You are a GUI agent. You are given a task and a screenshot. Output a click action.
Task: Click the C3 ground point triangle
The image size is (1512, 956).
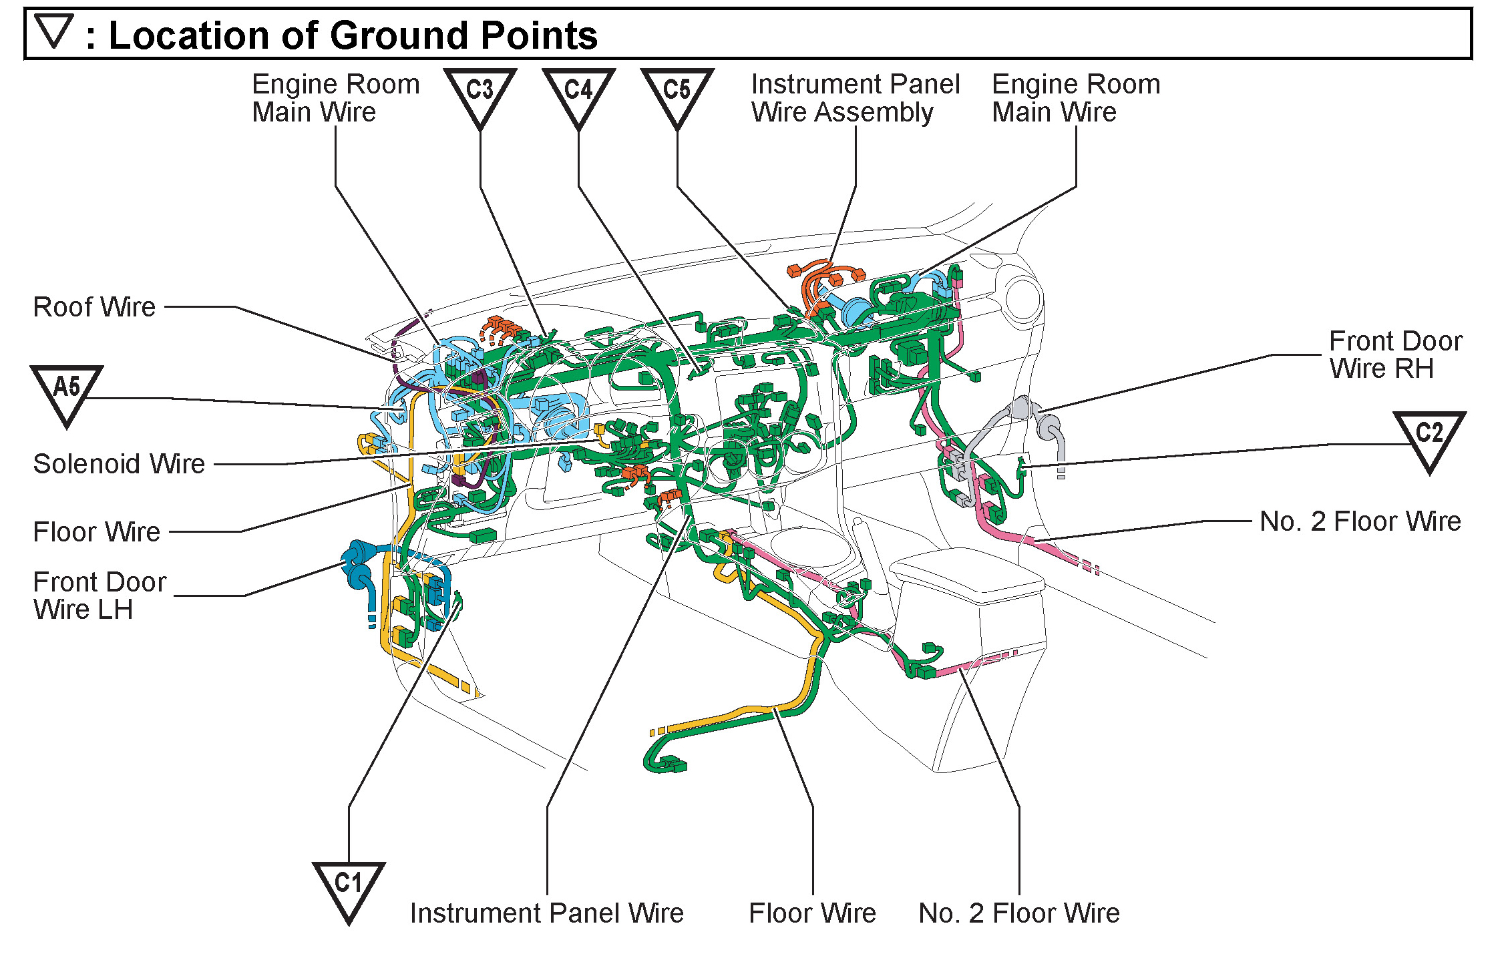pos(480,93)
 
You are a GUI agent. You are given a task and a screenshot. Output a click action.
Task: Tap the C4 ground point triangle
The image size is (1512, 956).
pos(578,93)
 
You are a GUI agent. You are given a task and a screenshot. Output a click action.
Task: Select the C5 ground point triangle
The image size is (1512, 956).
pos(677,93)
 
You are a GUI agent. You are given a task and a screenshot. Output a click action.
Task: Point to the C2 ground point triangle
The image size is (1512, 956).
pos(1429,437)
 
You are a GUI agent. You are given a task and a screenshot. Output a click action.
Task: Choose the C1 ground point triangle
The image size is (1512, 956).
pos(348,888)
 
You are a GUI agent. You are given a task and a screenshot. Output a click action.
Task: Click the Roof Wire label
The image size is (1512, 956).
pos(94,307)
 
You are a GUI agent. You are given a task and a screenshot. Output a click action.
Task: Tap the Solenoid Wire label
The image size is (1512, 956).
pos(119,464)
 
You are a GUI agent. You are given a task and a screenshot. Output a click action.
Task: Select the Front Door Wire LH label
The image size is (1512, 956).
pos(99,595)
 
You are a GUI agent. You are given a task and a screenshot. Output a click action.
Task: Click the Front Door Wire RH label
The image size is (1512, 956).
pos(1395,354)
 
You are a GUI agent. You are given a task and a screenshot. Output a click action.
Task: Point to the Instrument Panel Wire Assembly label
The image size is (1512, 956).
pos(855,98)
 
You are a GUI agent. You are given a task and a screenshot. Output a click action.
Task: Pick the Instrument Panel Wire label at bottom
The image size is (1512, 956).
pos(547,913)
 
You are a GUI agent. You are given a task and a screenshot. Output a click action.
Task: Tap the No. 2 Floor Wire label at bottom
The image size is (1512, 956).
pos(1018,913)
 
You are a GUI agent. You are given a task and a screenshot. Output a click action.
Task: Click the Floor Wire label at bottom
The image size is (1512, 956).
pos(812,913)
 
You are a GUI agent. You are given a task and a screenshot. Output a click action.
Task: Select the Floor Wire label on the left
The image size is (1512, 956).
pos(97,532)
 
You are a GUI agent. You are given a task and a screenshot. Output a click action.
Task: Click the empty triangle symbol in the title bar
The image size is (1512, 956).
pos(53,31)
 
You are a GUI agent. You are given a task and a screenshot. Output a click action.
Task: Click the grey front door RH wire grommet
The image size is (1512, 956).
pos(1032,417)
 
